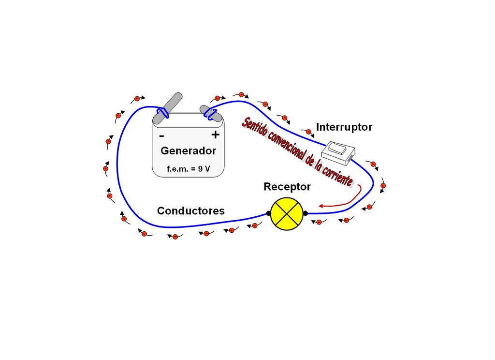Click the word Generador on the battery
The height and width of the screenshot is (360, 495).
tap(188, 151)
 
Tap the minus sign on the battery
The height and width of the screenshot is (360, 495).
tap(161, 136)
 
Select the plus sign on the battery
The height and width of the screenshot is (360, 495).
tap(215, 135)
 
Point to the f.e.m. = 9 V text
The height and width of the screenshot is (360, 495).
tap(188, 170)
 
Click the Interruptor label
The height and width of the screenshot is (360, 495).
tap(344, 127)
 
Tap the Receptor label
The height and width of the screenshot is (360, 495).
tap(287, 187)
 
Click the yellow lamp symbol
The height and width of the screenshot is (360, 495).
tap(287, 213)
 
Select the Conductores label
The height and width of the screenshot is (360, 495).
tap(191, 211)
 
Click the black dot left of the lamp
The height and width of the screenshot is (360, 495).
tap(269, 213)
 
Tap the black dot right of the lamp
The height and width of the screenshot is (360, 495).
tap(305, 213)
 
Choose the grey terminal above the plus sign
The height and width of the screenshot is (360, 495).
tap(211, 113)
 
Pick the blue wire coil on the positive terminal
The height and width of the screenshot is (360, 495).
tap(210, 114)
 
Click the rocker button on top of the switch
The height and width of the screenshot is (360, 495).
tap(338, 148)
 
